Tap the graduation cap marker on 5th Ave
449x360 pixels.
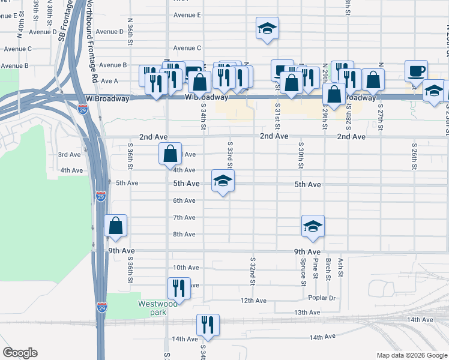[222, 181]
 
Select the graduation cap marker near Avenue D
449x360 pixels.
[267, 28]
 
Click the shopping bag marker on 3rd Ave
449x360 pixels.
[170, 154]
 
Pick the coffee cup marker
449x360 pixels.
[416, 71]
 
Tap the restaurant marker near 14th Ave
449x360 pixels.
[208, 325]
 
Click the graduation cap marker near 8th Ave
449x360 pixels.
[313, 227]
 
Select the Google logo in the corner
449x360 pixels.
[20, 353]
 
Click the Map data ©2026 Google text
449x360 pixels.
[411, 355]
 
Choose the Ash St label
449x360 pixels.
[340, 267]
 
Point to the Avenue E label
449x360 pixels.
[187, 14]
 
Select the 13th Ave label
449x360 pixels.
[307, 313]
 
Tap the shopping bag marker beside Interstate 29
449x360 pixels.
[115, 226]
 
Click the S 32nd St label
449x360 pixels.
[253, 271]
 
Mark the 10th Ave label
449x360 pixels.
[185, 268]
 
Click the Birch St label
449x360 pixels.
[328, 269]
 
